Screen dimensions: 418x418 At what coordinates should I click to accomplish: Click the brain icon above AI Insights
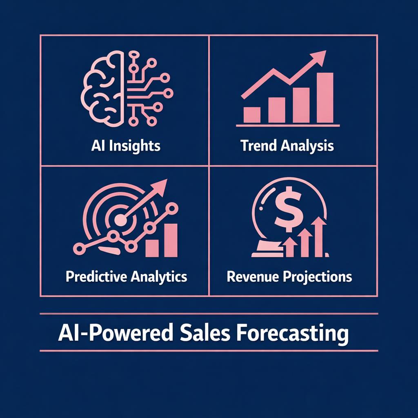pyautogui.click(x=105, y=89)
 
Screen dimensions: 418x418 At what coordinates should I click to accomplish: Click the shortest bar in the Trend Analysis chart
pyautogui.click(x=251, y=115)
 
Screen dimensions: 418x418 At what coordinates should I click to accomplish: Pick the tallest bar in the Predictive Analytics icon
pyautogui.click(x=171, y=240)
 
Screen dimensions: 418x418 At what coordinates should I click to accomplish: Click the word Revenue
pyautogui.click(x=251, y=277)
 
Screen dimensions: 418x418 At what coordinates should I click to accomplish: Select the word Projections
pyautogui.click(x=316, y=277)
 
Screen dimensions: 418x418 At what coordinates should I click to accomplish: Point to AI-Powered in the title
pyautogui.click(x=113, y=334)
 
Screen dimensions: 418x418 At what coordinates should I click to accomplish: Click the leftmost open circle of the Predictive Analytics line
pyautogui.click(x=78, y=247)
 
